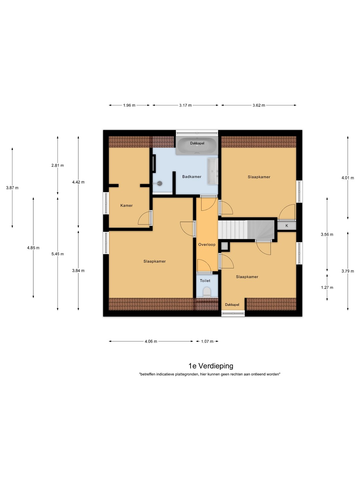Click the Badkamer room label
[x=192, y=176]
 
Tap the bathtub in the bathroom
[x=197, y=146]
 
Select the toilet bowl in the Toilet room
[x=207, y=292]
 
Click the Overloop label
[x=207, y=244]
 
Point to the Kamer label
[x=127, y=205]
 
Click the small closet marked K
[x=287, y=225]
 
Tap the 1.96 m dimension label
[x=129, y=105]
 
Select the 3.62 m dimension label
[x=259, y=105]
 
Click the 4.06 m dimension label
[x=151, y=341]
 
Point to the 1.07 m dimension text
[x=207, y=341]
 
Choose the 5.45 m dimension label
[x=58, y=254]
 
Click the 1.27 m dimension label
[x=327, y=287]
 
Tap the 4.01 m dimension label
[x=348, y=178]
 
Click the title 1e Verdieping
[x=211, y=366]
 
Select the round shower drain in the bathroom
[x=160, y=183]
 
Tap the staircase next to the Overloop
[x=246, y=230]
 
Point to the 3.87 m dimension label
[x=12, y=188]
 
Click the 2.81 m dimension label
[x=58, y=165]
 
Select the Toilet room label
[x=205, y=281]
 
